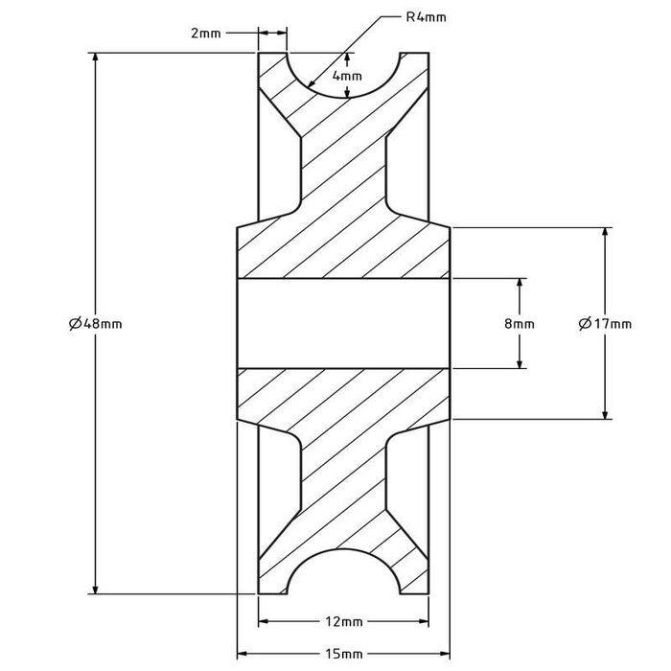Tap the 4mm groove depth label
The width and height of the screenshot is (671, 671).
(348, 76)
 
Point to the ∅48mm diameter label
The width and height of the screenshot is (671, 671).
(96, 324)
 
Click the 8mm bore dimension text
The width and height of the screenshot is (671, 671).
(520, 324)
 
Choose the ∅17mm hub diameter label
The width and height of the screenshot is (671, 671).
(605, 324)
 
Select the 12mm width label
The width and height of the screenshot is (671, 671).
(342, 621)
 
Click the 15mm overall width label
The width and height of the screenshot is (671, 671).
(342, 654)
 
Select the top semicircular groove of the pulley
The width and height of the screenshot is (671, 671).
(342, 67)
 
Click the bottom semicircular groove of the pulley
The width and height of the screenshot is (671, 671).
(342, 580)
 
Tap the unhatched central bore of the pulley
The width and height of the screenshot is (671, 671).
(342, 324)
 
